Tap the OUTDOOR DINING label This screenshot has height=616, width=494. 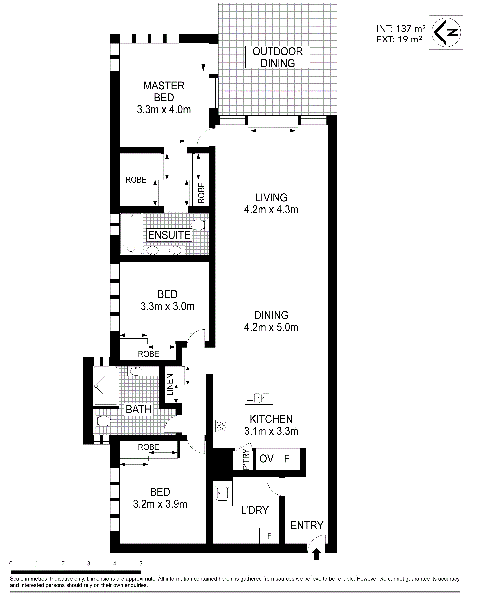278,57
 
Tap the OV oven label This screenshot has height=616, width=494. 267,458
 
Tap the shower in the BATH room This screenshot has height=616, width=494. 105,386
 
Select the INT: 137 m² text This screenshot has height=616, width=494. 401,28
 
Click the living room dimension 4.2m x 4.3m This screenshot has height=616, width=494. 271,209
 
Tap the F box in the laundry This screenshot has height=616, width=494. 269,536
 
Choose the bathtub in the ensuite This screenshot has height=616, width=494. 131,234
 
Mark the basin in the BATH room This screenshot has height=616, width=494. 136,371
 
